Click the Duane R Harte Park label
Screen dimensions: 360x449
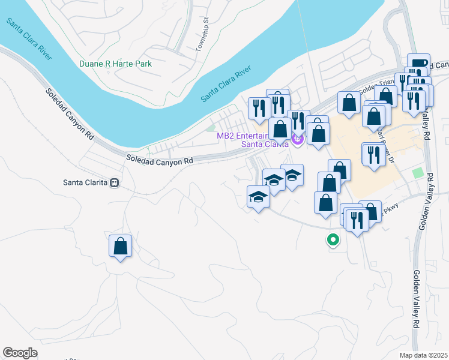click(x=115, y=64)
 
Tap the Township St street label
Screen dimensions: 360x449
click(x=202, y=38)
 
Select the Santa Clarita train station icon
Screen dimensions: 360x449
click(x=114, y=182)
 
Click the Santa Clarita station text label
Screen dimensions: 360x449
click(x=86, y=182)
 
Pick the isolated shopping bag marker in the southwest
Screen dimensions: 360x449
click(x=120, y=246)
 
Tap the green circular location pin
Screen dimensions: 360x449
click(x=332, y=240)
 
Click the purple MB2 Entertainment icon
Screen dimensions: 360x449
click(x=297, y=140)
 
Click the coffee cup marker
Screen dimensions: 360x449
click(x=418, y=64)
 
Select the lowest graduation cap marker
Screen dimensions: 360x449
click(x=259, y=197)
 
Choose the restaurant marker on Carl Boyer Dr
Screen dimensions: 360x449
click(x=373, y=154)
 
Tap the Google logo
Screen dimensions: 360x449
click(x=20, y=353)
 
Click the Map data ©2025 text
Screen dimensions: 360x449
click(x=423, y=355)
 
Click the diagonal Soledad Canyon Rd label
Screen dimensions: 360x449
click(x=71, y=114)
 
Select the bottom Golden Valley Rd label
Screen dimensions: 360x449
click(x=416, y=306)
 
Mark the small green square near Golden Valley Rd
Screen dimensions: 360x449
click(x=418, y=173)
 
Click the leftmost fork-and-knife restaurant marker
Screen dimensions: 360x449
click(x=258, y=108)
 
